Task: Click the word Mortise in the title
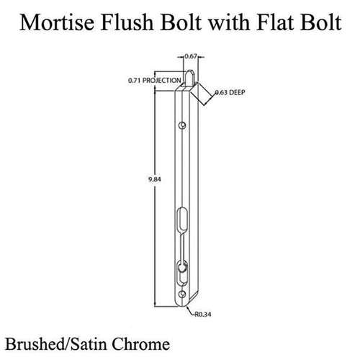[x=57, y=22]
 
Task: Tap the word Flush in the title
[x=127, y=22]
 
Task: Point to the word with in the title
[x=229, y=22]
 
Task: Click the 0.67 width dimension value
[x=191, y=57]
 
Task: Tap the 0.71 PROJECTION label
[x=155, y=81]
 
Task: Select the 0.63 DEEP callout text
[x=230, y=92]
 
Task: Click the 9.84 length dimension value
[x=155, y=179]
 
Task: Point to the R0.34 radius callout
[x=203, y=315]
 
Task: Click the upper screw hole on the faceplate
[x=182, y=125]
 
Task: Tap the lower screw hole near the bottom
[x=182, y=294]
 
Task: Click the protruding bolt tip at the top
[x=190, y=78]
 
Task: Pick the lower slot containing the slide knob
[x=182, y=274]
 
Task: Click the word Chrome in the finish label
[x=141, y=344]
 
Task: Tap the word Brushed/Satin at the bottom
[x=57, y=344]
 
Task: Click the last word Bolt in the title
[x=320, y=22]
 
